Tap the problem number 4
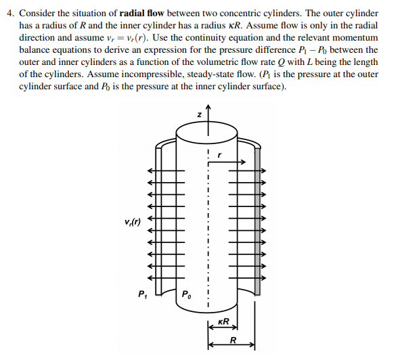click(x=7, y=12)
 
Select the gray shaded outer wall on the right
click(x=258, y=230)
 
